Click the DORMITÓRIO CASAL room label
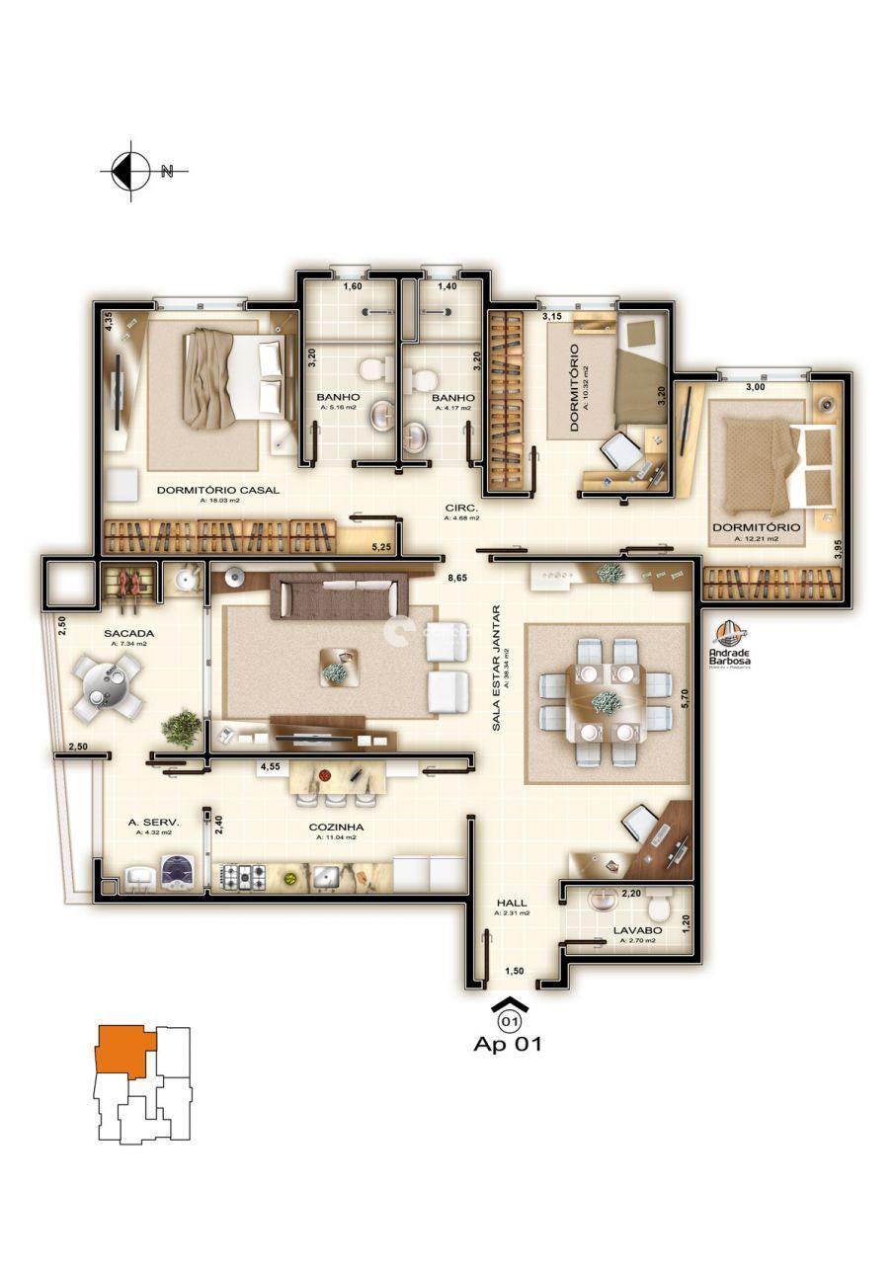217,489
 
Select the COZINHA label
336,828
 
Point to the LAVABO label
637,930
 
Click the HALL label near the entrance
512,903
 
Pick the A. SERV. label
153,822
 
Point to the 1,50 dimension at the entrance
514,971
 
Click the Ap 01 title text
508,1044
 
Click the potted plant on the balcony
182,728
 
